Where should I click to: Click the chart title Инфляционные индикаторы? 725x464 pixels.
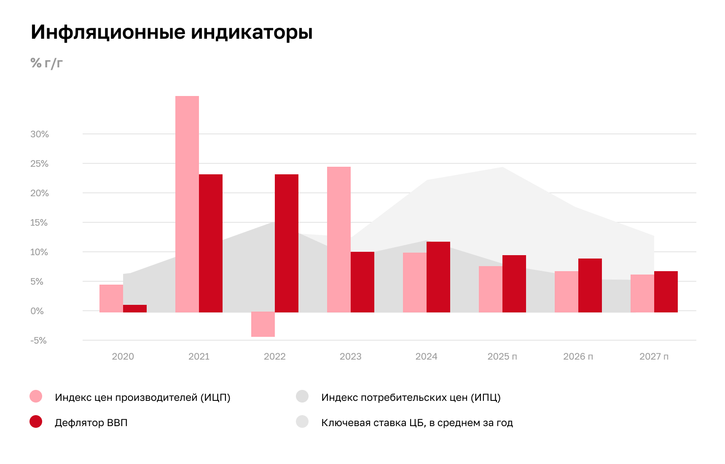coord(172,32)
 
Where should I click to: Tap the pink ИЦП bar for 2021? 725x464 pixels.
coord(187,204)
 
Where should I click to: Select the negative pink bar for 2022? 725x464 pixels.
coord(263,324)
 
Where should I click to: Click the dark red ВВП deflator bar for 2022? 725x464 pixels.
coord(287,243)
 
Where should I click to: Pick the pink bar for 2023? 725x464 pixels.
coord(339,240)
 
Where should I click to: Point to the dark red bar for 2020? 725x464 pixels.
coord(135,309)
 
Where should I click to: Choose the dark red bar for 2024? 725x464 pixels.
coord(438,277)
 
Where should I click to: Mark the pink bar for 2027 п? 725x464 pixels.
coord(642,293)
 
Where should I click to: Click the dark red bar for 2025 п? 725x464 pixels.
coord(514,284)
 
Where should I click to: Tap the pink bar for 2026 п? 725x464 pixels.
coord(567,292)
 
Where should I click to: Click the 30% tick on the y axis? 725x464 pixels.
coord(40,134)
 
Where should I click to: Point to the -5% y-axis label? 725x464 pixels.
coord(38,341)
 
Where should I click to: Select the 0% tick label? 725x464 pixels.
coord(37,311)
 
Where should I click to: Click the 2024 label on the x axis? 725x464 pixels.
coord(426,357)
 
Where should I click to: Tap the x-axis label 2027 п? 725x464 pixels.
coord(654,357)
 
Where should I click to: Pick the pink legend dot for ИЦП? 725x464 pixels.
coord(36,397)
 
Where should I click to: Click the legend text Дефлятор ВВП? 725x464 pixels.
coord(91,423)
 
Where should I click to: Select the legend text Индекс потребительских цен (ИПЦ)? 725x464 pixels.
coord(411,397)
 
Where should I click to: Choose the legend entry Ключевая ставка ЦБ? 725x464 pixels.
coord(417,423)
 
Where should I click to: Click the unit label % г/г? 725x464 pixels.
coord(46,63)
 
